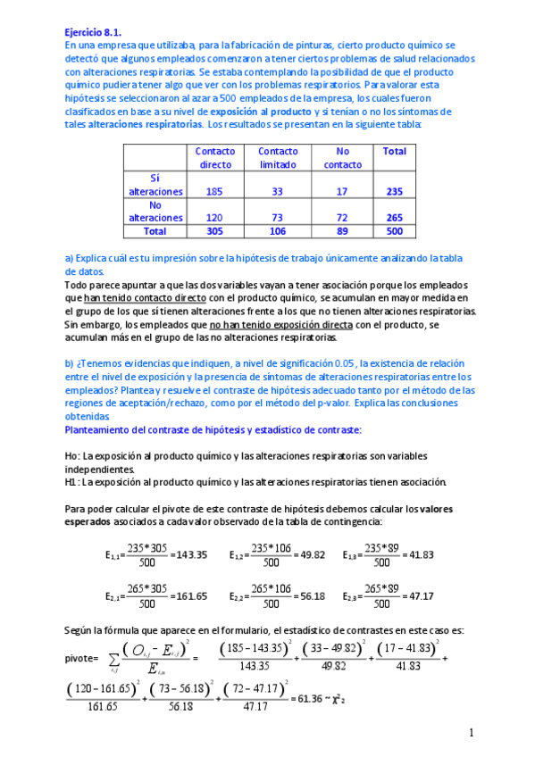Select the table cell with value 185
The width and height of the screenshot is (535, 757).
tap(213, 191)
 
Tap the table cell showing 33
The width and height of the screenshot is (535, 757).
tap(277, 191)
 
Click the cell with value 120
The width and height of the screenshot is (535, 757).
tap(213, 217)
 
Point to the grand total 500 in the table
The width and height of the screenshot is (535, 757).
tap(394, 230)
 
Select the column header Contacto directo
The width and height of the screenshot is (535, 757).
tap(214, 158)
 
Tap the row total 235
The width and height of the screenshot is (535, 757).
tap(394, 191)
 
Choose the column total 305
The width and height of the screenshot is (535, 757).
tap(213, 230)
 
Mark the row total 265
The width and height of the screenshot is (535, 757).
tap(394, 217)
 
